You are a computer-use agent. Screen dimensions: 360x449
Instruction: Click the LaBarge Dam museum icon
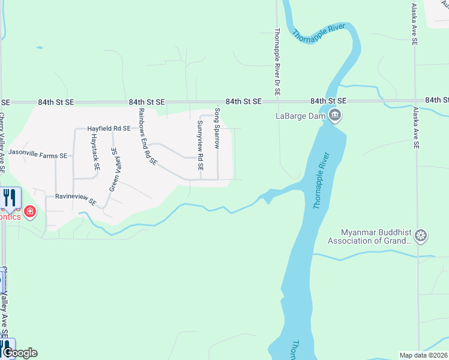tap(336, 116)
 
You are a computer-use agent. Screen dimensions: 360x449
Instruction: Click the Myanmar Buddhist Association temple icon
tap(421, 236)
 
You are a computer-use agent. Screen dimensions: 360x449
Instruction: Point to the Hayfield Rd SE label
tap(109, 128)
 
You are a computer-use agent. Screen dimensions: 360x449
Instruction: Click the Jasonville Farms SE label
tap(37, 155)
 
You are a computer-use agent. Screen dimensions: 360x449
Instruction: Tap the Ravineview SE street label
tap(76, 198)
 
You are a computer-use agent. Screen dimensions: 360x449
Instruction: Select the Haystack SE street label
tap(94, 151)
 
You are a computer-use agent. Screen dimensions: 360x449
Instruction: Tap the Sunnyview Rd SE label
tap(200, 145)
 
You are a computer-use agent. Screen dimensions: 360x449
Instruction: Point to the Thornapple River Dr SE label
tap(277, 62)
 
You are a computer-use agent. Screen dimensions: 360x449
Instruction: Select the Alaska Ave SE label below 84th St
tap(415, 128)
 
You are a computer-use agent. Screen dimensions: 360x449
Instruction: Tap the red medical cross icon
tap(29, 212)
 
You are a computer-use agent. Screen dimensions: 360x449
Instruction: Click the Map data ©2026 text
tap(424, 355)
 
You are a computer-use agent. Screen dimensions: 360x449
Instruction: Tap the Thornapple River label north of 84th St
tap(319, 32)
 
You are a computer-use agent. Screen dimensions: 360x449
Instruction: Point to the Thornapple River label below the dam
tap(322, 180)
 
